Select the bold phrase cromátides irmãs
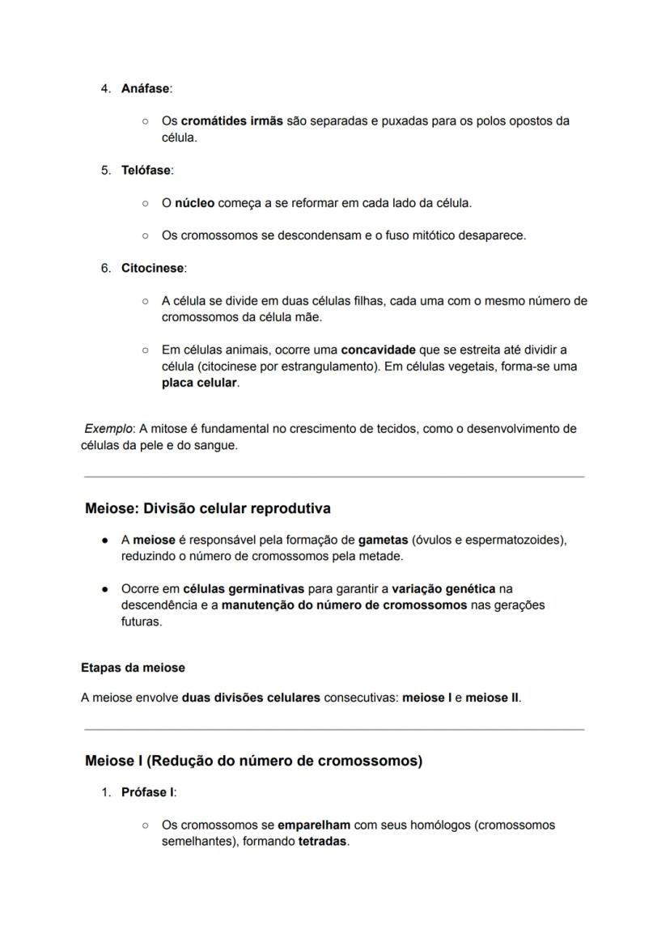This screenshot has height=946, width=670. point(231,121)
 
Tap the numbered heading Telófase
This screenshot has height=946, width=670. point(146,170)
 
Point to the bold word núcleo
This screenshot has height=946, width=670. point(194,202)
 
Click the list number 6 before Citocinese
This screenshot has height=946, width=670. point(106,268)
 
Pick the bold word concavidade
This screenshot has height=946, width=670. point(378,350)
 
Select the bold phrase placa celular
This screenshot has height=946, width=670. point(199,383)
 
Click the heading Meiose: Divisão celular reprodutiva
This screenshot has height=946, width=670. point(208,509)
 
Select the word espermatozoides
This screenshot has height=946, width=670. point(512,540)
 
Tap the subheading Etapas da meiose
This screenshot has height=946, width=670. point(133,668)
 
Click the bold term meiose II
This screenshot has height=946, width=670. point(492,697)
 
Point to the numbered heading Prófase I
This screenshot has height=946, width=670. point(148,792)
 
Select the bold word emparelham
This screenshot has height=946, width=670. point(314,825)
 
